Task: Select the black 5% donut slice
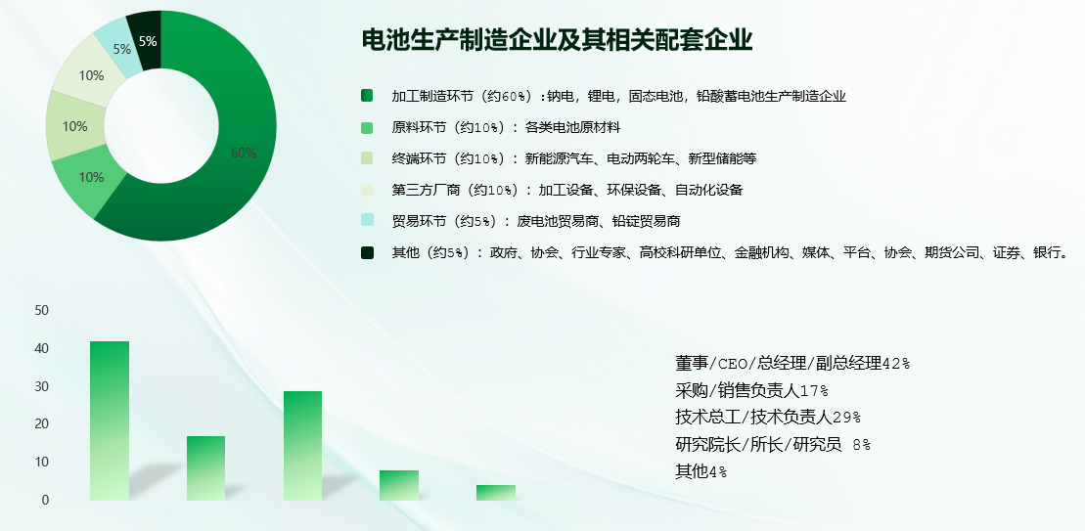(148, 41)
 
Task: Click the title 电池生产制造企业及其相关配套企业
(557, 39)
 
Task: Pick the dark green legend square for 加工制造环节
(367, 96)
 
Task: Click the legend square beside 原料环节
(367, 127)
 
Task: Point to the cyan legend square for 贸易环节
(367, 221)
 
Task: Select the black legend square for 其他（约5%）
(367, 252)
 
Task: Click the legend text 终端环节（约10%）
(448, 158)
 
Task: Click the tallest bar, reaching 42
(110, 420)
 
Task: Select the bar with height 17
(205, 468)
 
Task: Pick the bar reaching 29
(302, 445)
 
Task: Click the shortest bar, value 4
(495, 492)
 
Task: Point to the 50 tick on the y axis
(41, 310)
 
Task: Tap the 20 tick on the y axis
(41, 423)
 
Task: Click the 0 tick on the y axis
(45, 500)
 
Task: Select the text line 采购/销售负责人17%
(751, 390)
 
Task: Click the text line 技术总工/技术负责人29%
(768, 417)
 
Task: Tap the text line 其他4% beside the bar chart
(701, 471)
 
